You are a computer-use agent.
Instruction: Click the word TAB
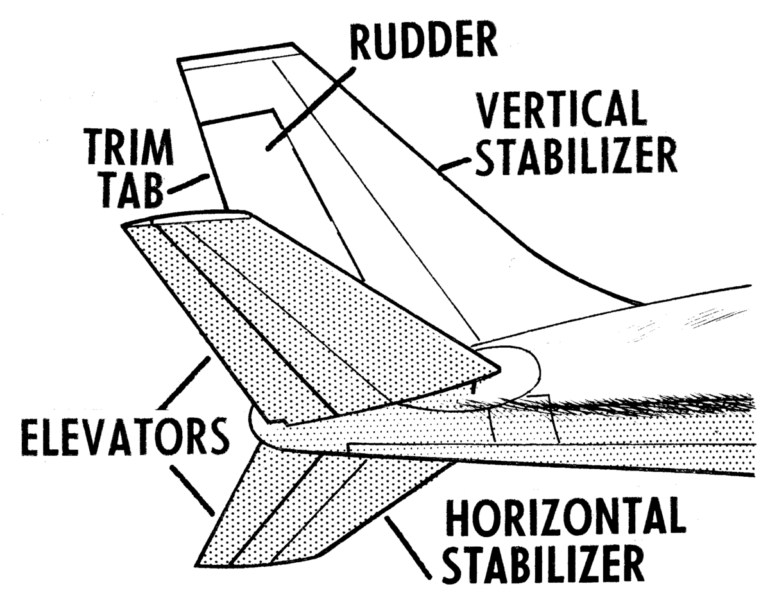(x=132, y=192)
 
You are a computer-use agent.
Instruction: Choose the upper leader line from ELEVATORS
(x=184, y=383)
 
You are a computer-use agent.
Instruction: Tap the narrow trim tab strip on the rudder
(x=212, y=167)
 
